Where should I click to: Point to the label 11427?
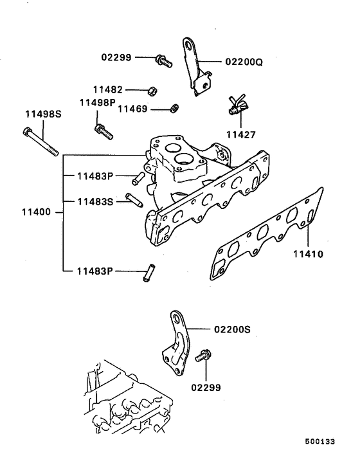click(x=240, y=135)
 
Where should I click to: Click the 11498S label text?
click(x=42, y=114)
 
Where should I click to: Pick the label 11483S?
click(x=95, y=201)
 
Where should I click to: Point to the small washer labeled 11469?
click(x=173, y=107)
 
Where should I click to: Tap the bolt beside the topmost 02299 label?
click(x=163, y=61)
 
